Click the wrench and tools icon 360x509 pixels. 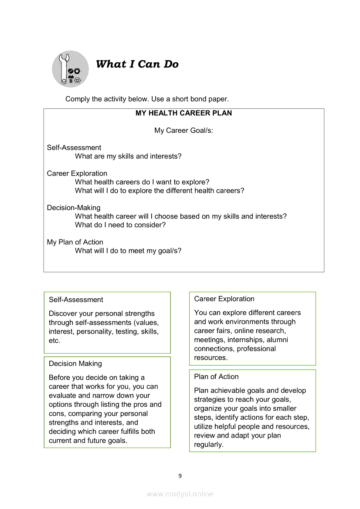(x=70, y=69)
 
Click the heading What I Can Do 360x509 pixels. (x=137, y=64)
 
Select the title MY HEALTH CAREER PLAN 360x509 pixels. (x=183, y=113)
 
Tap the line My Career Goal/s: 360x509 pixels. (x=183, y=131)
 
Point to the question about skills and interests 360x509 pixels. (x=128, y=156)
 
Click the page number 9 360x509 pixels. (x=180, y=476)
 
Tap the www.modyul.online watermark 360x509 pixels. (x=180, y=494)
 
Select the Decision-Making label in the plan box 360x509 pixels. (x=74, y=208)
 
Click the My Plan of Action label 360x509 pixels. (x=75, y=242)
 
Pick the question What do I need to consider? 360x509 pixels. (x=120, y=225)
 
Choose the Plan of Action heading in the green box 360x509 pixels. (x=216, y=377)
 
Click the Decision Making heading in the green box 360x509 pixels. (x=75, y=364)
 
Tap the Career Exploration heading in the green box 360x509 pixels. (x=224, y=299)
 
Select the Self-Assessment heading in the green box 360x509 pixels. (x=76, y=300)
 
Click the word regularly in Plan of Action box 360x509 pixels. (x=209, y=445)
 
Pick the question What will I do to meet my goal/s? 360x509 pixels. (x=128, y=251)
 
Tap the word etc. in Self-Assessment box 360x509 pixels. (x=54, y=341)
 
